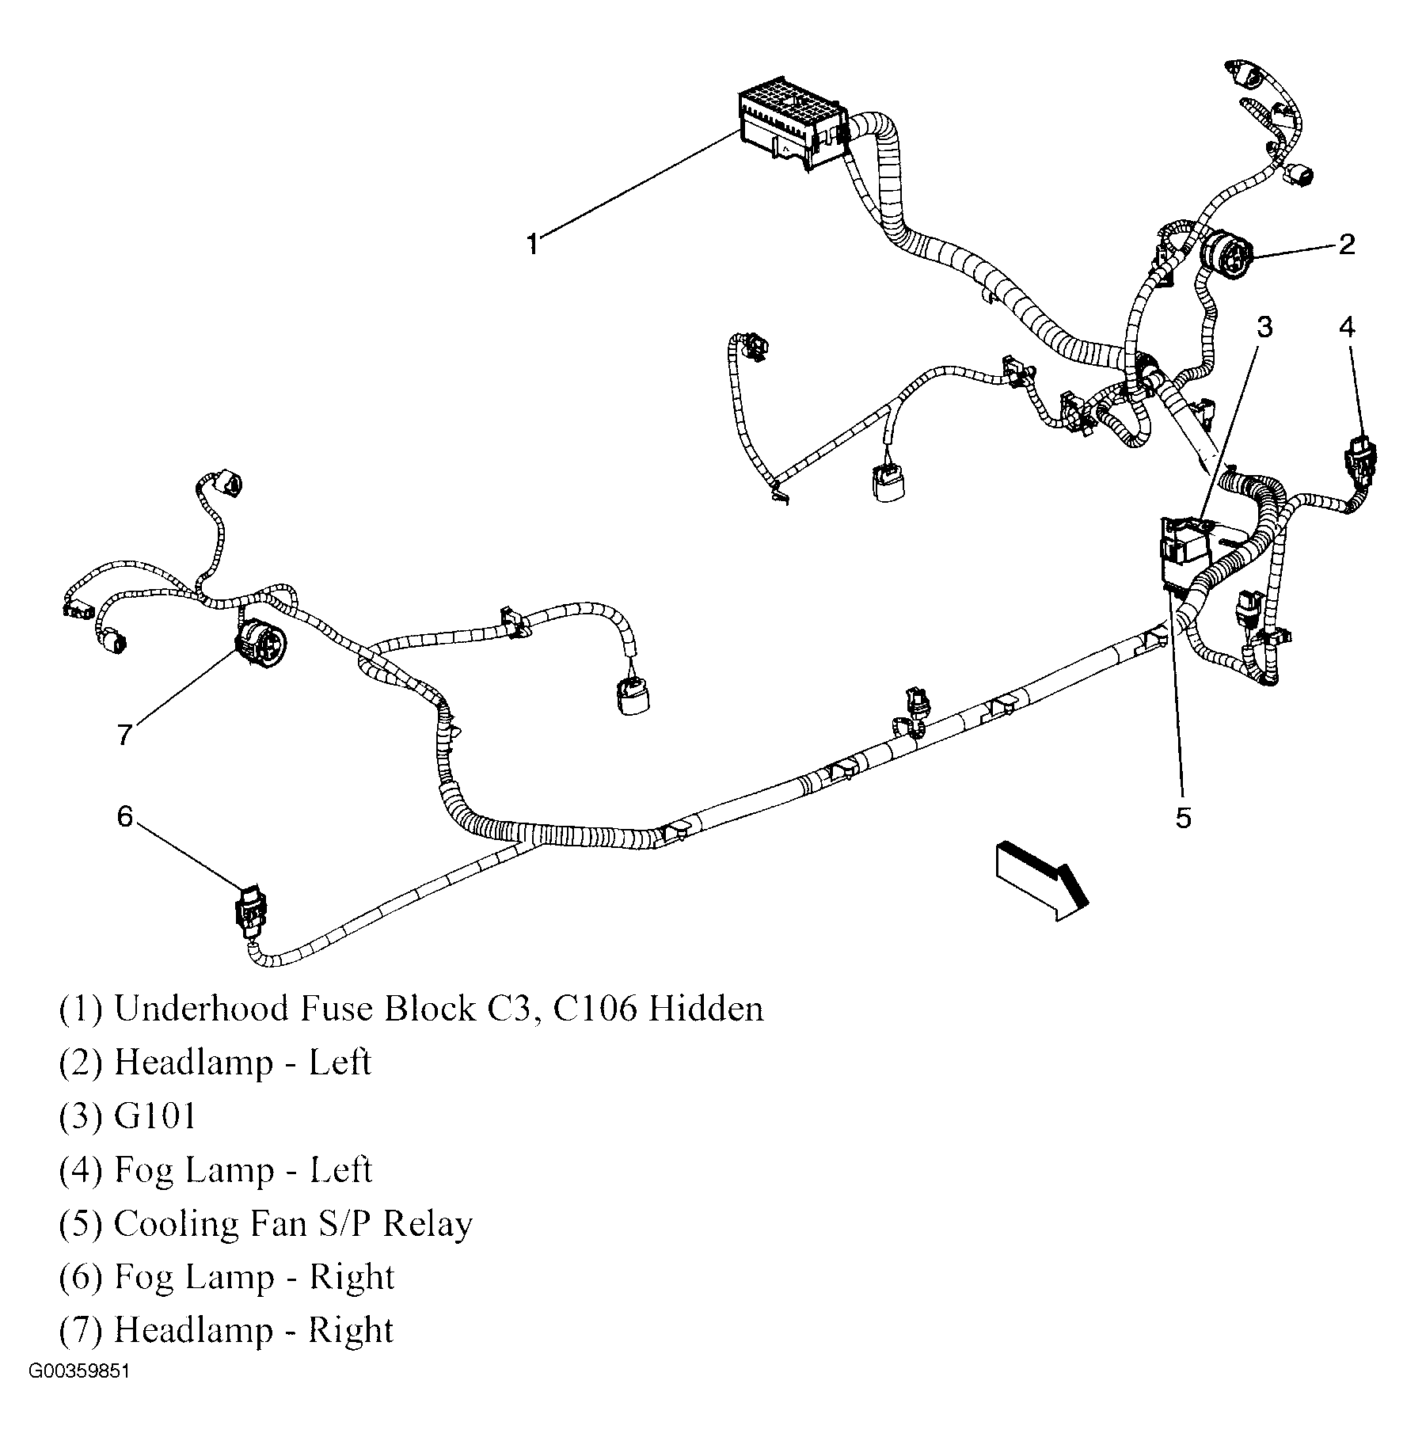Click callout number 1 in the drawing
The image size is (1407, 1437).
coord(534,244)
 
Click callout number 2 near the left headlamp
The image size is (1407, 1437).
coord(1346,244)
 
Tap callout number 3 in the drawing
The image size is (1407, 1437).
coord(1264,326)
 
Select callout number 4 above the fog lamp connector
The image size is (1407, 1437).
coord(1347,326)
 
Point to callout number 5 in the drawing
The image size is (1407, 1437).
coord(1182,818)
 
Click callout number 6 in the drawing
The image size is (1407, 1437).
coord(125,815)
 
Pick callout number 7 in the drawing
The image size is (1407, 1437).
coord(124,735)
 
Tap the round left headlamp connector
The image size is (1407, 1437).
coord(1226,255)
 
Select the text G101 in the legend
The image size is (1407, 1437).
coord(154,1116)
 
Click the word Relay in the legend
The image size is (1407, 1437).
coord(428,1224)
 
